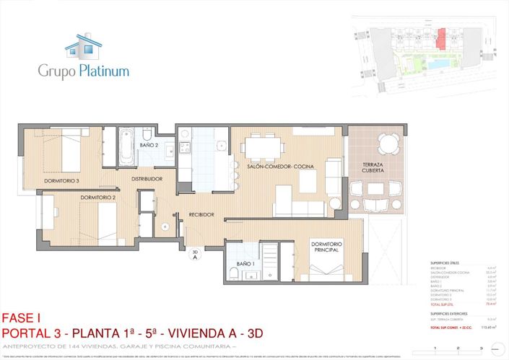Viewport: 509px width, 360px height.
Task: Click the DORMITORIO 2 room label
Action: [98, 197]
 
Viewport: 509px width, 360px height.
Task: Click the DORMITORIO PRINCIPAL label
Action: [326, 248]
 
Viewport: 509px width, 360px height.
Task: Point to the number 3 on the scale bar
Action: [479, 348]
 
